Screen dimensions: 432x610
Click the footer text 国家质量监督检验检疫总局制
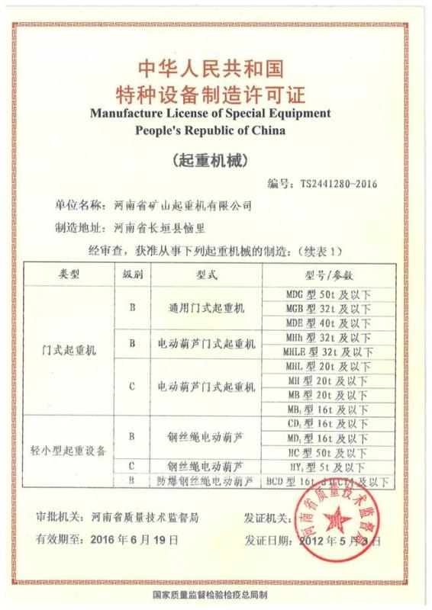pos(217,594)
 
